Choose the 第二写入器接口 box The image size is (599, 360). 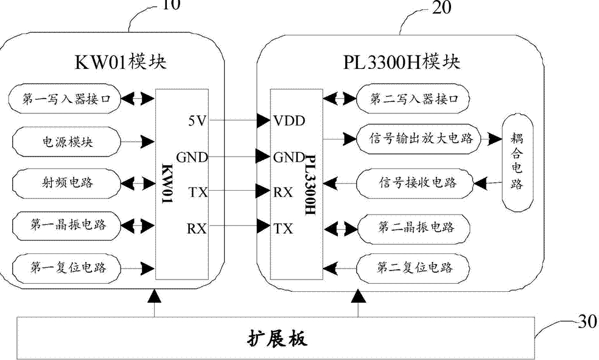(412, 97)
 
